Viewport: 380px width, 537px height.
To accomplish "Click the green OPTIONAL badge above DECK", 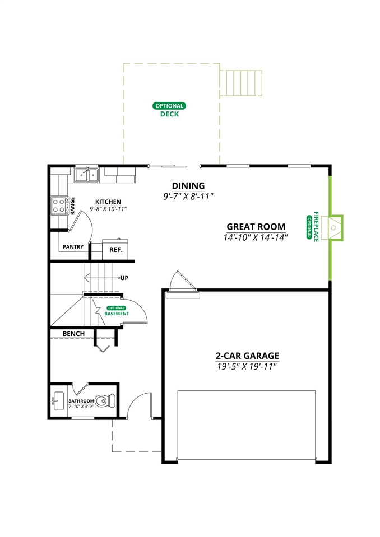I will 169,105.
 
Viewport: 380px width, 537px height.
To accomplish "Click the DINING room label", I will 188,186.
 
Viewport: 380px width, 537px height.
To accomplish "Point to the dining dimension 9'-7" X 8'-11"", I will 188,197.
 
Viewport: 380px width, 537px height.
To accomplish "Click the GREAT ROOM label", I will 256,227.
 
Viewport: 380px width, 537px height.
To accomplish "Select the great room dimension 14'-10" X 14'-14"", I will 256,237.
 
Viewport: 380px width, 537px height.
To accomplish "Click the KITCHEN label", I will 108,202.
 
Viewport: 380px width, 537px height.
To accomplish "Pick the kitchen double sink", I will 87,175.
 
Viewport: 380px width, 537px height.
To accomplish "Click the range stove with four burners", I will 59,206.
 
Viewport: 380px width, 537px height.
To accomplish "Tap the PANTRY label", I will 73,246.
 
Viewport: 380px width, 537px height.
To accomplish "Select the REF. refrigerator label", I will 116,249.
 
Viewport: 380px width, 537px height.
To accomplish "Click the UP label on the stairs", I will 124,278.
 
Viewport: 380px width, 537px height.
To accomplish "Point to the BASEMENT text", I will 117,314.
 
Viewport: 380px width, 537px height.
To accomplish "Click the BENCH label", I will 73,334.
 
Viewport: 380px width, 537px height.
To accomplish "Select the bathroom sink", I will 58,401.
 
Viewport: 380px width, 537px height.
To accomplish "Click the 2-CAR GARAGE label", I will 247,356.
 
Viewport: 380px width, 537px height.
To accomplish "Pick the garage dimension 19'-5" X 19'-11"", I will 247,366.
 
